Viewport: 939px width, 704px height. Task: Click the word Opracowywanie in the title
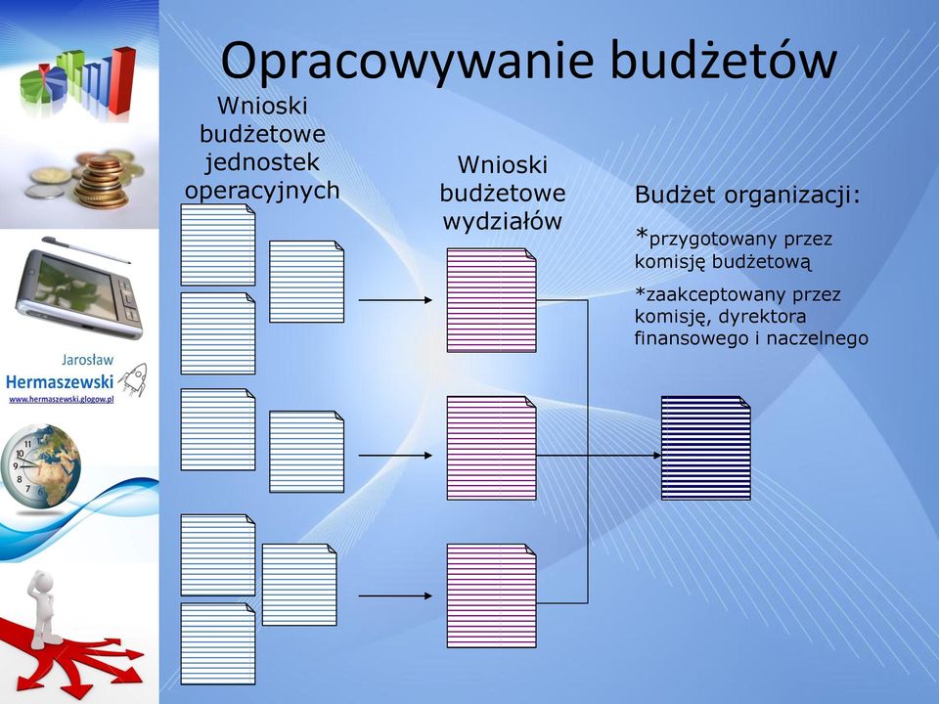tap(408, 61)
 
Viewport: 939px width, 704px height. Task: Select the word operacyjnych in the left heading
tap(262, 191)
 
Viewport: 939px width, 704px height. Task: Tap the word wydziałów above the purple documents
tap(503, 222)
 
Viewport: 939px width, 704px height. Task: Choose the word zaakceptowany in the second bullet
tap(716, 295)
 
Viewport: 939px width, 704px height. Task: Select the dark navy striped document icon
tap(706, 448)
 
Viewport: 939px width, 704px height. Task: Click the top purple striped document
tap(492, 300)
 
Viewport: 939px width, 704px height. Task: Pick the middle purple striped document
tap(492, 448)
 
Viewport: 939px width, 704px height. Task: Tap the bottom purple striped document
tap(492, 595)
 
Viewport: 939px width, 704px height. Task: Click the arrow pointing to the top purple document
tap(395, 300)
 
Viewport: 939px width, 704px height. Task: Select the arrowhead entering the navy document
tap(657, 456)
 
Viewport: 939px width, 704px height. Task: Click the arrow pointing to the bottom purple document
tap(395, 595)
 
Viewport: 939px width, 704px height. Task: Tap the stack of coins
tap(101, 182)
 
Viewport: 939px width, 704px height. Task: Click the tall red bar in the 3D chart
tap(124, 80)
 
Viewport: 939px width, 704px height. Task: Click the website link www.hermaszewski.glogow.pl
tap(61, 399)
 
